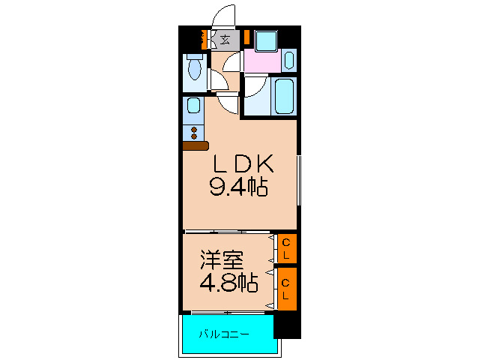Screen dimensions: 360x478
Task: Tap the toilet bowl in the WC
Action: point(195,70)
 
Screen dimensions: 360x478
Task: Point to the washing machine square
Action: point(264,40)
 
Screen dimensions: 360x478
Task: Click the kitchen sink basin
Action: point(193,109)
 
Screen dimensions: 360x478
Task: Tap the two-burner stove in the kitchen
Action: point(194,133)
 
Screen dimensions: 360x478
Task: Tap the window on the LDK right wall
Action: point(299,180)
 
